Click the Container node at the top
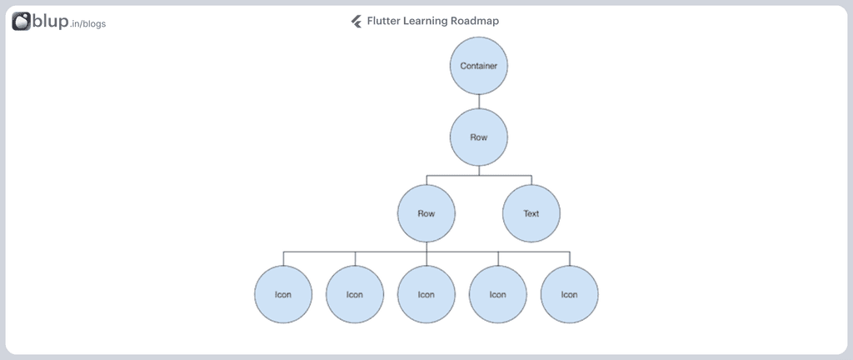click(479, 66)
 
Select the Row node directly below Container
click(479, 137)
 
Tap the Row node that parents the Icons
click(426, 213)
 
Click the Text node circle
click(531, 213)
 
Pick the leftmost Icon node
click(283, 294)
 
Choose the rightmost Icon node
click(570, 294)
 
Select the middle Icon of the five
click(426, 294)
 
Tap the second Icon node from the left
click(355, 294)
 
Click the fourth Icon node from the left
click(498, 294)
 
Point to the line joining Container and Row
click(479, 102)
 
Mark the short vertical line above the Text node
click(531, 180)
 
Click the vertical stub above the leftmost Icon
click(283, 259)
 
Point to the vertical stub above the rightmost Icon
click(570, 259)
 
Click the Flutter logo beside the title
click(357, 21)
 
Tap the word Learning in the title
click(425, 21)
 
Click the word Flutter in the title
click(383, 21)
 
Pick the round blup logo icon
click(21, 21)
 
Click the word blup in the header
click(50, 21)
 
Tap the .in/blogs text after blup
click(88, 24)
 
